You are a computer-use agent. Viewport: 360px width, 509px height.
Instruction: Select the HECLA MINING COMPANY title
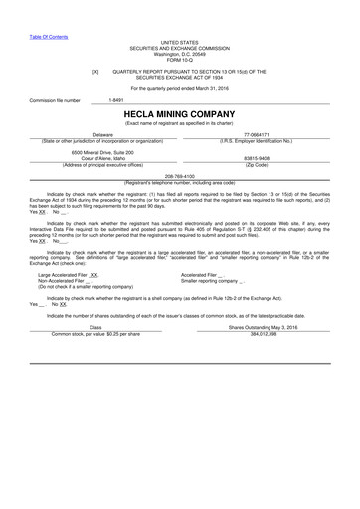click(x=179, y=114)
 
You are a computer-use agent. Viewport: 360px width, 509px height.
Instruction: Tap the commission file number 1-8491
click(x=115, y=100)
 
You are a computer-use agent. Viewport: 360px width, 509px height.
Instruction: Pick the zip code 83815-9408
click(x=256, y=157)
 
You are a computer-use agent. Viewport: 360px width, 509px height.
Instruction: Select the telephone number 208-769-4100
click(x=179, y=175)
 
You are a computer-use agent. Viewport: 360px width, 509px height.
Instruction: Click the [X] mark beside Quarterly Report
click(x=95, y=72)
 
